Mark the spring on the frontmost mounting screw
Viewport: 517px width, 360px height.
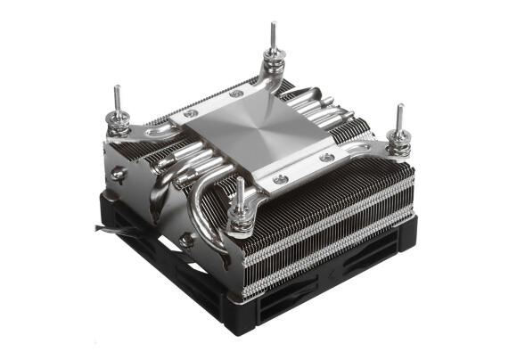pos(239,209)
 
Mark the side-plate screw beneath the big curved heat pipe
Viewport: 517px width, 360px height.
pos(185,240)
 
